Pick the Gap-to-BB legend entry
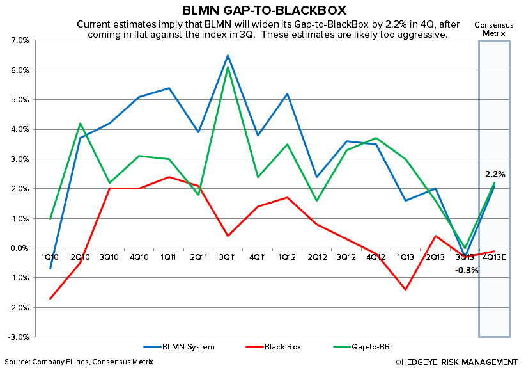(x=364, y=347)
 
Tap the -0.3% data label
(x=467, y=270)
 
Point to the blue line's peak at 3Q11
(x=228, y=55)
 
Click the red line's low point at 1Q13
(x=405, y=289)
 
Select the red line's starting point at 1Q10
(x=50, y=298)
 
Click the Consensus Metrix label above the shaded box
(x=493, y=29)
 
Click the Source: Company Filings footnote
(x=77, y=362)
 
